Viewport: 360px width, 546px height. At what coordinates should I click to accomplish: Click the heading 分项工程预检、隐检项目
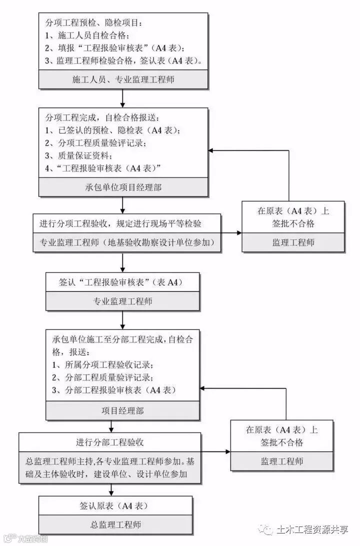(x=94, y=23)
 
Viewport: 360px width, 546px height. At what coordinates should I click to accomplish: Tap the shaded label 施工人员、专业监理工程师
(x=123, y=79)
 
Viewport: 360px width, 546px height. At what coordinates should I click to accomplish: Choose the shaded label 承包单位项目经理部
(x=123, y=187)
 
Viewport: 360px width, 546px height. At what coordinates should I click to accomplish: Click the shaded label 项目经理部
(x=123, y=411)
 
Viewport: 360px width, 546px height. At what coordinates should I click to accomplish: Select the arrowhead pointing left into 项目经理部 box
(x=204, y=388)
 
